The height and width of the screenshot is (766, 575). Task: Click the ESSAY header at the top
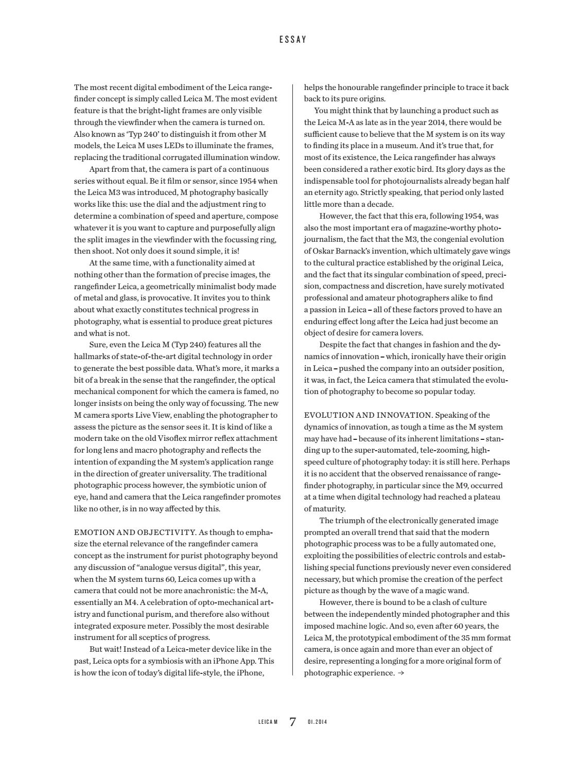click(293, 40)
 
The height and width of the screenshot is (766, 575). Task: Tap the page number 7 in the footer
click(293, 722)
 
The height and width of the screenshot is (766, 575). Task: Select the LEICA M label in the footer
click(268, 722)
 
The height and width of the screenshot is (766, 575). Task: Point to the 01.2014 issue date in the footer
click(317, 722)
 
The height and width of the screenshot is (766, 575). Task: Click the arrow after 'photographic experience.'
click(401, 673)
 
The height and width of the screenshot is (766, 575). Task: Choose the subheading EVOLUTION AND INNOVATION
click(368, 415)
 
